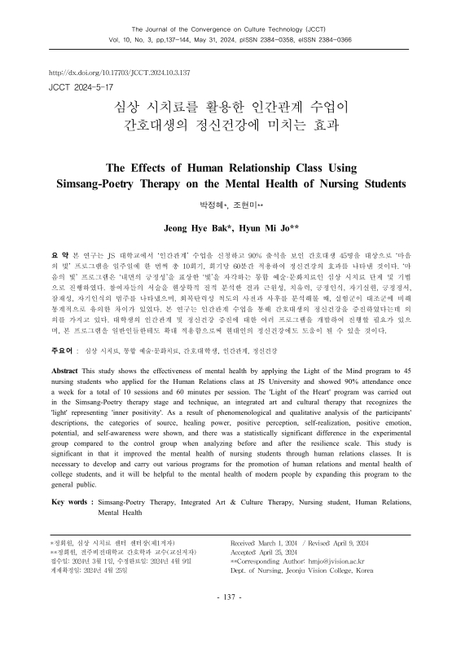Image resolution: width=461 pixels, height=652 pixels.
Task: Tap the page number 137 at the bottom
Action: tap(230, 621)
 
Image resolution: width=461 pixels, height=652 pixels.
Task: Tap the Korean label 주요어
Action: tap(63, 375)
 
